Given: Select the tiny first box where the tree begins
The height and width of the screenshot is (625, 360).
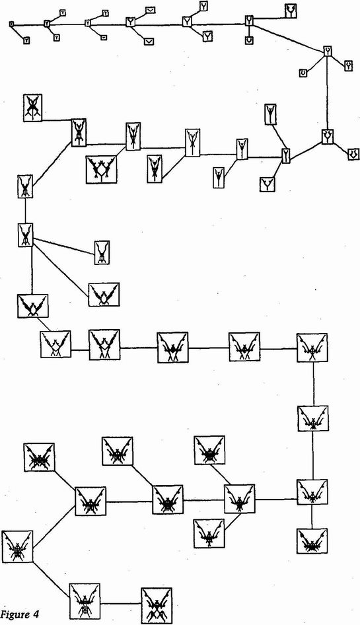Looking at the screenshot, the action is coord(12,24).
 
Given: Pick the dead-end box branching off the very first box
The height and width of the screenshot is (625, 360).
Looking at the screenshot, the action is coord(26,40).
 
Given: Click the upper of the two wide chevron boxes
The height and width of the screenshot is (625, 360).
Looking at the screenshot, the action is coord(150,10).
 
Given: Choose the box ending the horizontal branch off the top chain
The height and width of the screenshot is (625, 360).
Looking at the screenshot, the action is coord(291,11).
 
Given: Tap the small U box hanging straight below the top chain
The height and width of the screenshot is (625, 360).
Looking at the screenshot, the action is coord(249,40).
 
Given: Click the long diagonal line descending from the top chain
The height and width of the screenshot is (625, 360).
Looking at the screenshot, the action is coord(290,38).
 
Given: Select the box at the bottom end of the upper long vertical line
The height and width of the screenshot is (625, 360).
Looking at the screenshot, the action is coord(328,137).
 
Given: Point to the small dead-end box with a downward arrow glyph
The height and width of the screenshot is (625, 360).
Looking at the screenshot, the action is coord(353,153).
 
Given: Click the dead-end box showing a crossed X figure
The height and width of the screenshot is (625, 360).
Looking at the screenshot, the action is coord(32,108).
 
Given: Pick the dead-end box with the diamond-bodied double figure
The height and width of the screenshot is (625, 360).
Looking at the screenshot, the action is coord(101,169).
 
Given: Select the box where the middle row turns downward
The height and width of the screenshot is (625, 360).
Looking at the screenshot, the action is coord(312,348).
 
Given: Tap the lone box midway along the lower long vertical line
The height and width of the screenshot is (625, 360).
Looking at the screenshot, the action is coord(313,418).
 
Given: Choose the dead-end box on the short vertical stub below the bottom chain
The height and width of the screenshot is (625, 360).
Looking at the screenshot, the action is coord(312,541).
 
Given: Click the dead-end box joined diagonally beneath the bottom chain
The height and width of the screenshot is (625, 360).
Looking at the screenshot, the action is coord(209,533).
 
